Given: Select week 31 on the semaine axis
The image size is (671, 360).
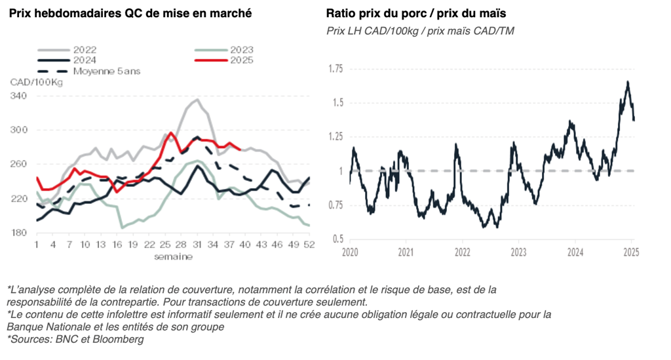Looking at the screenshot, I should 197,245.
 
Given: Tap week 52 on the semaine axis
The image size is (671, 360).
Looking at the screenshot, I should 309,245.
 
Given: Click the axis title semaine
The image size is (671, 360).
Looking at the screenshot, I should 173,256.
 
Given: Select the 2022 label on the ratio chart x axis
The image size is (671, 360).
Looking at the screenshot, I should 463,252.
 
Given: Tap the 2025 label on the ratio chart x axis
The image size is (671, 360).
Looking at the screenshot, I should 631,252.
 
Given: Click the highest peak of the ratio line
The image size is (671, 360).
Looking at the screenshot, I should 628,82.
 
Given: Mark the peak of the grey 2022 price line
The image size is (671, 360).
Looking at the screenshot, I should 197,100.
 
